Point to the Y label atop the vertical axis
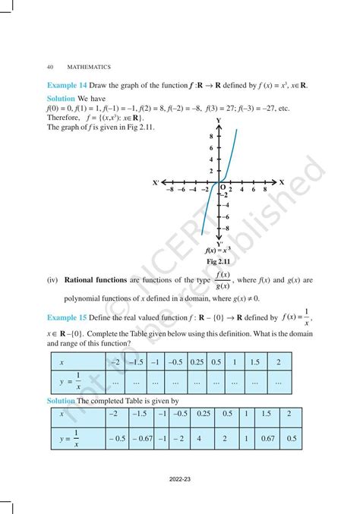(219, 121)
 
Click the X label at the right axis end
(281, 182)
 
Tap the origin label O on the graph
(223, 188)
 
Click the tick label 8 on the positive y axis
(210, 135)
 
